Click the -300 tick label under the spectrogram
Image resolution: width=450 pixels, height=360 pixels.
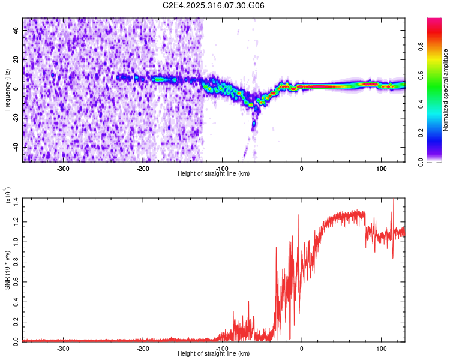tap(63, 167)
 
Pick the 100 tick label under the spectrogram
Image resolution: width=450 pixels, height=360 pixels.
tap(381, 167)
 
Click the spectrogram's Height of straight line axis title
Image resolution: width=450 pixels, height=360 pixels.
tap(214, 173)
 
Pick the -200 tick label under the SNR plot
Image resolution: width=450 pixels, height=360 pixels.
tap(143, 347)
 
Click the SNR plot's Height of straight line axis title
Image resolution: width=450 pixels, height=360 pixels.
tap(214, 353)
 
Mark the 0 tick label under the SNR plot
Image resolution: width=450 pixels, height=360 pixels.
tap(302, 347)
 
